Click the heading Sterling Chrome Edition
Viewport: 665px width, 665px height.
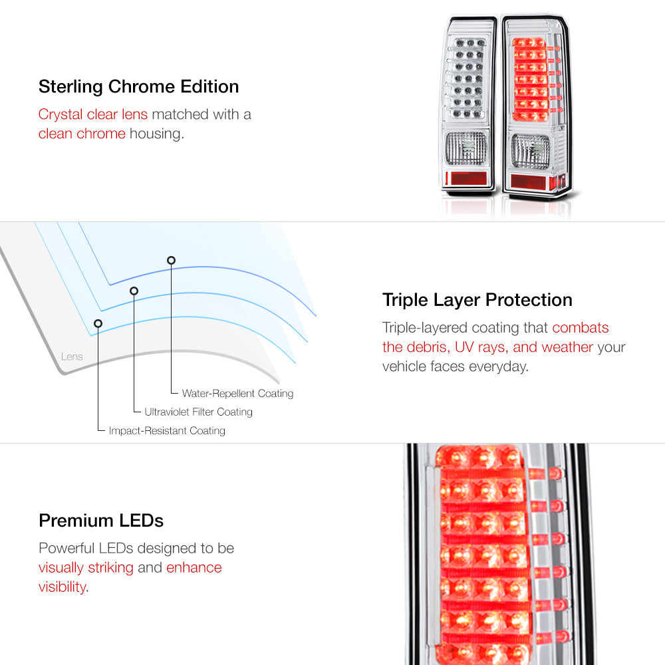pyautogui.click(x=139, y=86)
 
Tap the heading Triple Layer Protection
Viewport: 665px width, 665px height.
pyautogui.click(x=477, y=300)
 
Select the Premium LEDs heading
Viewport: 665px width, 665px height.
pyautogui.click(x=101, y=521)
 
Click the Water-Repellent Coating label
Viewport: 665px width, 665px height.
pyautogui.click(x=237, y=394)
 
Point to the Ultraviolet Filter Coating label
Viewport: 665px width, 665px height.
pyautogui.click(x=198, y=412)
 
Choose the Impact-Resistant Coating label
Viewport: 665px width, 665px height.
pyautogui.click(x=167, y=430)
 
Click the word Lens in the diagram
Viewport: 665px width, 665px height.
pyautogui.click(x=72, y=356)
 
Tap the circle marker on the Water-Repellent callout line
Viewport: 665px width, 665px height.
pyautogui.click(x=171, y=260)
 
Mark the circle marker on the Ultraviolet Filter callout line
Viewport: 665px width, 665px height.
pyautogui.click(x=134, y=291)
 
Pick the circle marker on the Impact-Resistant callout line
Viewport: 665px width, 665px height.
pyautogui.click(x=98, y=323)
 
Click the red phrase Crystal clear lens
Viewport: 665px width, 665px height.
pyautogui.click(x=93, y=114)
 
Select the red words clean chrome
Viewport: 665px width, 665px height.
pyautogui.click(x=82, y=134)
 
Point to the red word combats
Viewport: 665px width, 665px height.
pyautogui.click(x=580, y=327)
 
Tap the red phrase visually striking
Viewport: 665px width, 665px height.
pyautogui.click(x=86, y=567)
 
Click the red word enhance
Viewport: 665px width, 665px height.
pyautogui.click(x=194, y=567)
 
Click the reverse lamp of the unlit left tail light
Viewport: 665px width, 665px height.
pyautogui.click(x=465, y=148)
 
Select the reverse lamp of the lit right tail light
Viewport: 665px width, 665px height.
pyautogui.click(x=531, y=152)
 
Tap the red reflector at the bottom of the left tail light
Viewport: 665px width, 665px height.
pyautogui.click(x=467, y=178)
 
